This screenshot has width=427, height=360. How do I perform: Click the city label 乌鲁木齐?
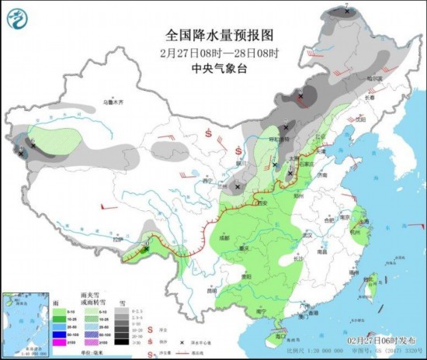point(114,102)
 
